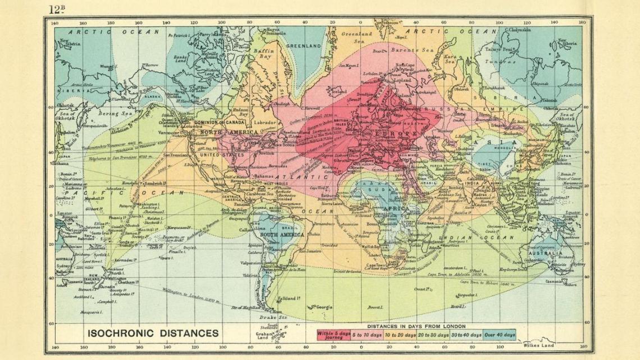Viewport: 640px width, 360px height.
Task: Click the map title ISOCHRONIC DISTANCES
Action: pos(153,333)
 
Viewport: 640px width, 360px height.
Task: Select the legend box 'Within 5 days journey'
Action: pos(333,335)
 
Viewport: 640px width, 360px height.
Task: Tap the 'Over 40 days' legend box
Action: pos(499,335)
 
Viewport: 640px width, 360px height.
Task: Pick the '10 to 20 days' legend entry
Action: pos(400,335)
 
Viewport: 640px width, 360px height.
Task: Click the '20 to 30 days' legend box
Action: pos(433,335)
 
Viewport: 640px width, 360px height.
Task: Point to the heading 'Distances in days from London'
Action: pos(415,326)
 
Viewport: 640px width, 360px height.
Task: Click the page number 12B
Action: pos(57,9)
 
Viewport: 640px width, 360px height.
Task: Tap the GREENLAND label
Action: pos(303,45)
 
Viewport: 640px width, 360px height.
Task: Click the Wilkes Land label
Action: pos(540,345)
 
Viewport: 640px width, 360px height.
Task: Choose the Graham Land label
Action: pos(264,336)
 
